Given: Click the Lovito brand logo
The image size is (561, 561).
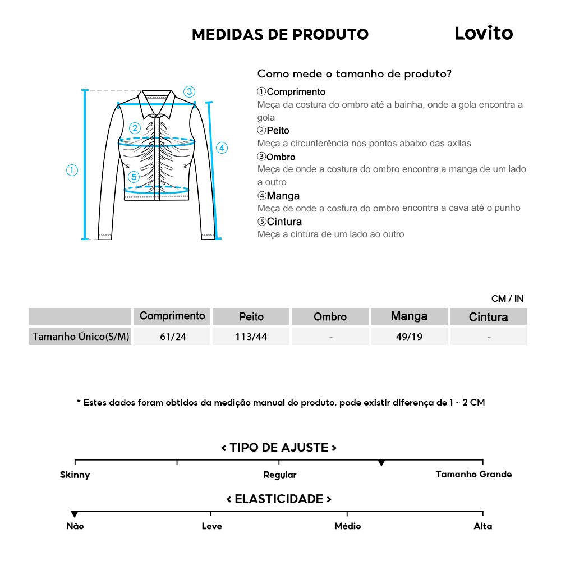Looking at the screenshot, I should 483,34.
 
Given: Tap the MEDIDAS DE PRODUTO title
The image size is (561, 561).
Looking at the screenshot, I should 280,34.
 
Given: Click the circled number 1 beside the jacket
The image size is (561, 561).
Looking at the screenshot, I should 72,171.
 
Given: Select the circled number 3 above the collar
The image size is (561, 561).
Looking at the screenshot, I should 189,91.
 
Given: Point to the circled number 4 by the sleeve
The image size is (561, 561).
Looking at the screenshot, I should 222,148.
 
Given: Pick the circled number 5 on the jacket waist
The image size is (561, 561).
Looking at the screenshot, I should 133,177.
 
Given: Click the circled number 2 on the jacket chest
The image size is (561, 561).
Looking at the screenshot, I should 135,128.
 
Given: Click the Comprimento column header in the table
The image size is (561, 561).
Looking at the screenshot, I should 172,316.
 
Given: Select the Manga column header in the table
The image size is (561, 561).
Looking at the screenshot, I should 409,316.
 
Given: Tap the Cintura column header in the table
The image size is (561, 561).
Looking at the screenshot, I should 488,317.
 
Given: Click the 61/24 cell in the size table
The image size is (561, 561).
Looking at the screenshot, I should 172,337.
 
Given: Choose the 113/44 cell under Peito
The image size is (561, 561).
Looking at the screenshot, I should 251,337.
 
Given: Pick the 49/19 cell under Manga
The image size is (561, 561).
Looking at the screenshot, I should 409,337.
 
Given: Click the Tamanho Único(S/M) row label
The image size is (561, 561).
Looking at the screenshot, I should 81,337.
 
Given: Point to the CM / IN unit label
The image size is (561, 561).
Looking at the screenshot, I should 507,298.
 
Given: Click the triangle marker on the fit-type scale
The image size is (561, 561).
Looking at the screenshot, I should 381,463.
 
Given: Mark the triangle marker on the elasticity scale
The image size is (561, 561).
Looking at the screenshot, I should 75,514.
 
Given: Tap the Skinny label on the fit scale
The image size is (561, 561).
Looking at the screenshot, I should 75,475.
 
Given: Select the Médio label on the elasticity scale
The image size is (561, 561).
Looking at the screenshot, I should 347,526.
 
